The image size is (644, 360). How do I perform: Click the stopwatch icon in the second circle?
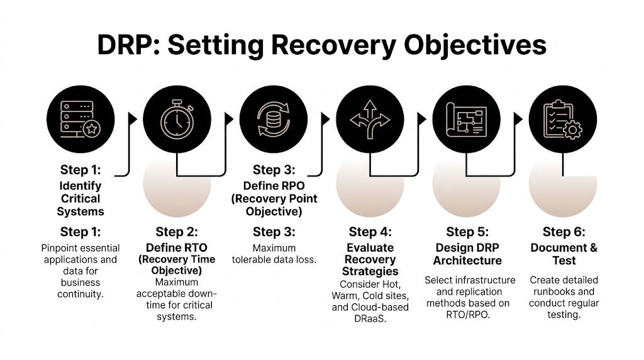(177, 118)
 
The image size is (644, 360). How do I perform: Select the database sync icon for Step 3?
(273, 118)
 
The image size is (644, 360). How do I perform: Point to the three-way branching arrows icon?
(370, 118)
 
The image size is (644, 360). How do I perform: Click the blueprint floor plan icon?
(467, 118)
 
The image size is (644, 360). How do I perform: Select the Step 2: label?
(177, 232)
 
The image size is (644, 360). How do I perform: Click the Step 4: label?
(370, 232)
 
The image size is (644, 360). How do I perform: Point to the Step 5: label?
(467, 232)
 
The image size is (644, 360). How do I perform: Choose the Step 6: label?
(563, 232)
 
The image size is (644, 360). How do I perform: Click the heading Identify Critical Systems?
(80, 198)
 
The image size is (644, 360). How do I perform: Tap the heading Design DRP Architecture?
(467, 254)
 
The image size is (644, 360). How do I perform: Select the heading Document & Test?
(563, 254)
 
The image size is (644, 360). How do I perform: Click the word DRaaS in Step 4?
(370, 318)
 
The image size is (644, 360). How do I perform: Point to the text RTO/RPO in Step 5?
(467, 313)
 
